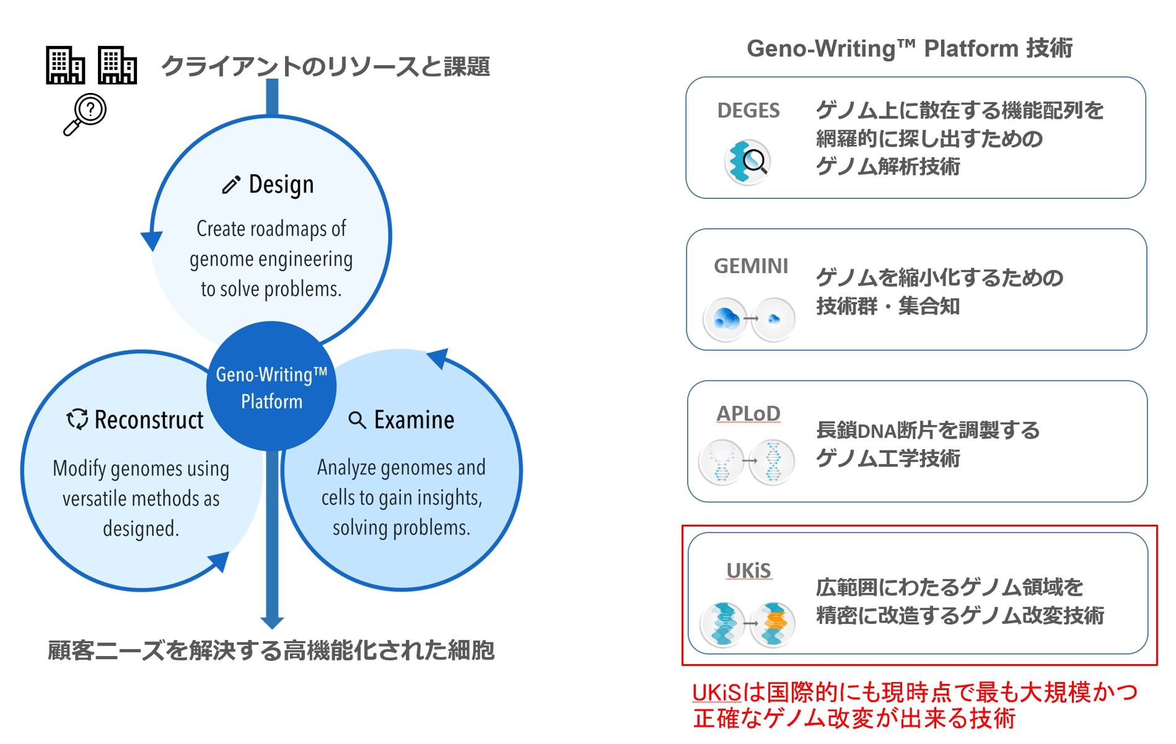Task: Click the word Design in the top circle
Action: [x=281, y=185]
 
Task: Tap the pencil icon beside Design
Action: [x=230, y=185]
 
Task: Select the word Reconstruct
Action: [x=149, y=420]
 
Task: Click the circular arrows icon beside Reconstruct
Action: [x=77, y=419]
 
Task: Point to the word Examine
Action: [x=414, y=420]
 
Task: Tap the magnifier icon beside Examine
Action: [x=357, y=420]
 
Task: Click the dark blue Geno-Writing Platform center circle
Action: [x=271, y=387]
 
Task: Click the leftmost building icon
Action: [x=64, y=65]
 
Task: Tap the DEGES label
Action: [x=748, y=111]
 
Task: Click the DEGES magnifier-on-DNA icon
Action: [x=747, y=162]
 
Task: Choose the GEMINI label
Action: [x=751, y=266]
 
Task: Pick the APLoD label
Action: [x=748, y=413]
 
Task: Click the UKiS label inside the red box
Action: [x=748, y=571]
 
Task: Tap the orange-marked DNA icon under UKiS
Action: [x=773, y=624]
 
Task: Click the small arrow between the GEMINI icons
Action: [x=751, y=319]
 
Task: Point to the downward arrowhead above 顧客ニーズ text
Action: [x=272, y=622]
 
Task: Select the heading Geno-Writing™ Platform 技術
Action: [x=910, y=48]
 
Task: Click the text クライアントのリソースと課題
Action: [x=326, y=66]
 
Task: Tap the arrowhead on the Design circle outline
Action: [x=152, y=240]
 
